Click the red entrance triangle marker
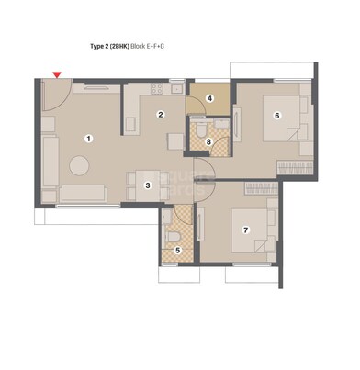click(58, 74)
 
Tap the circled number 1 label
click(89, 139)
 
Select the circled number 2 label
click(160, 115)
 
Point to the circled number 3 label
click(148, 185)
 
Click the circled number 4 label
click(209, 98)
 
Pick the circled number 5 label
click(178, 249)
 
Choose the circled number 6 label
click(276, 115)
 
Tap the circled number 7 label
click(245, 230)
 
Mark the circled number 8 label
click(209, 141)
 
